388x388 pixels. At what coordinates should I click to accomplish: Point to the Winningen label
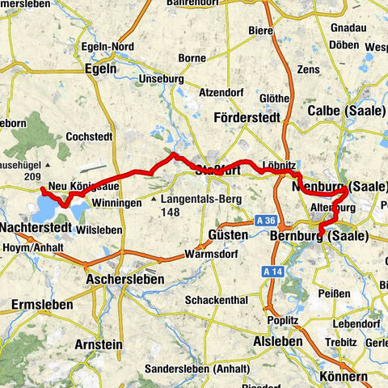[x=116, y=202]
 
